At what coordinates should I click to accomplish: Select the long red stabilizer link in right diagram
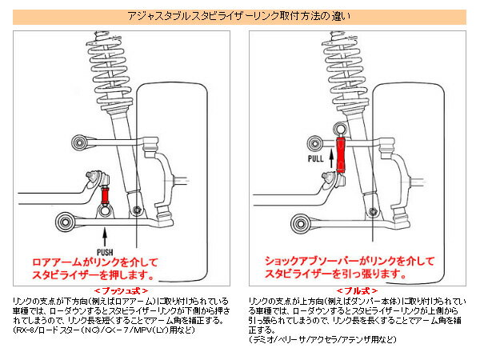coord(341,155)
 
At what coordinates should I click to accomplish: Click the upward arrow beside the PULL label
coord(316,144)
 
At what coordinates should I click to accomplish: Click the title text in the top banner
coord(239,15)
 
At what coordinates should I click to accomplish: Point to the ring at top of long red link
coord(341,130)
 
